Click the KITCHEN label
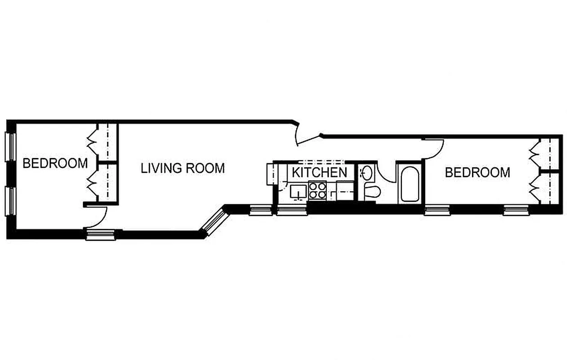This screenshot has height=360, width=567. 319,172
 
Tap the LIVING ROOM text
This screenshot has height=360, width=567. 183,168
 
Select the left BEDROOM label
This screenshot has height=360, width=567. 55,163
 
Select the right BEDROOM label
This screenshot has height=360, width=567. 477,172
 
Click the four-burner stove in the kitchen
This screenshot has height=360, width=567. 317,190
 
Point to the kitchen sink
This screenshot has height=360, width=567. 297,192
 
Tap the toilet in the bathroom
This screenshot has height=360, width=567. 372,191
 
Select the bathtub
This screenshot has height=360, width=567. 409,184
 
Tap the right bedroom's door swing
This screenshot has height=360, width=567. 435,148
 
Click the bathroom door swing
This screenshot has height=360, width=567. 386,173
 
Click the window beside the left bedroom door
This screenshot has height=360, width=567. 101,234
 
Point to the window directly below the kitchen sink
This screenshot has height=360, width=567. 288,210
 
